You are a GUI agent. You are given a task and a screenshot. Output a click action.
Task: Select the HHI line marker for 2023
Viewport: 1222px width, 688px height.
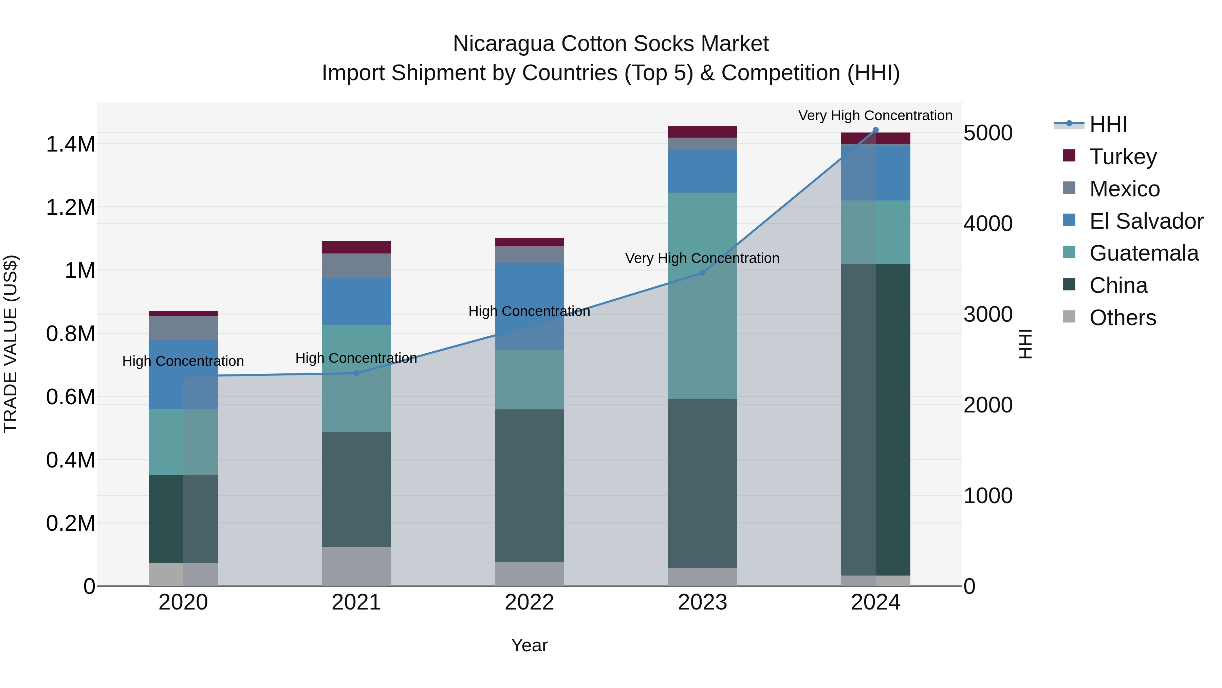pos(703,273)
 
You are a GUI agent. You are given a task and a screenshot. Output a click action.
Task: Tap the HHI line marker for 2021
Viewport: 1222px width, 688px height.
pos(356,373)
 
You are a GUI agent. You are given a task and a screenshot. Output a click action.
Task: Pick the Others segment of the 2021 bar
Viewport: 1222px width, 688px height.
pos(356,566)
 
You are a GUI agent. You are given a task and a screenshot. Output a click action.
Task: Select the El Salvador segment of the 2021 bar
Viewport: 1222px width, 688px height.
pos(356,301)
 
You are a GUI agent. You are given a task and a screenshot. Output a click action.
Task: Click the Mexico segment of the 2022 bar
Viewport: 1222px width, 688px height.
pos(530,254)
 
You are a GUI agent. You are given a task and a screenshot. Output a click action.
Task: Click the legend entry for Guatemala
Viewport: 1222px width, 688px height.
pos(1144,253)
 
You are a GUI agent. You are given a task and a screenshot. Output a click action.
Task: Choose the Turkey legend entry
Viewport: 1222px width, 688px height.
pos(1123,157)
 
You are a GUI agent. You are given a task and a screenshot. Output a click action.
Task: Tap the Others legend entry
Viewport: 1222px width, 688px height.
pos(1123,318)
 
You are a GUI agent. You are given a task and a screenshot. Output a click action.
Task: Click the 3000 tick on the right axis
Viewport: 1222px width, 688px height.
pos(988,314)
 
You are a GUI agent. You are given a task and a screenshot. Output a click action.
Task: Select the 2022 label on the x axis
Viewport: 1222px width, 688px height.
pos(530,602)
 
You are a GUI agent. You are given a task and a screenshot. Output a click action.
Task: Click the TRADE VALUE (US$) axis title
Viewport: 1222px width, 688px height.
pos(11,344)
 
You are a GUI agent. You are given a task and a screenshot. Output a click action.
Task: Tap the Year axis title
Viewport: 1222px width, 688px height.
pos(530,645)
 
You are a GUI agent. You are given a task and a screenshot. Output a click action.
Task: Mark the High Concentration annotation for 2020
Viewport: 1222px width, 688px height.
pos(183,361)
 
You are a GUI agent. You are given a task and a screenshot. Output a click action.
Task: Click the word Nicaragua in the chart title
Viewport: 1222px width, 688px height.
pos(503,44)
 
